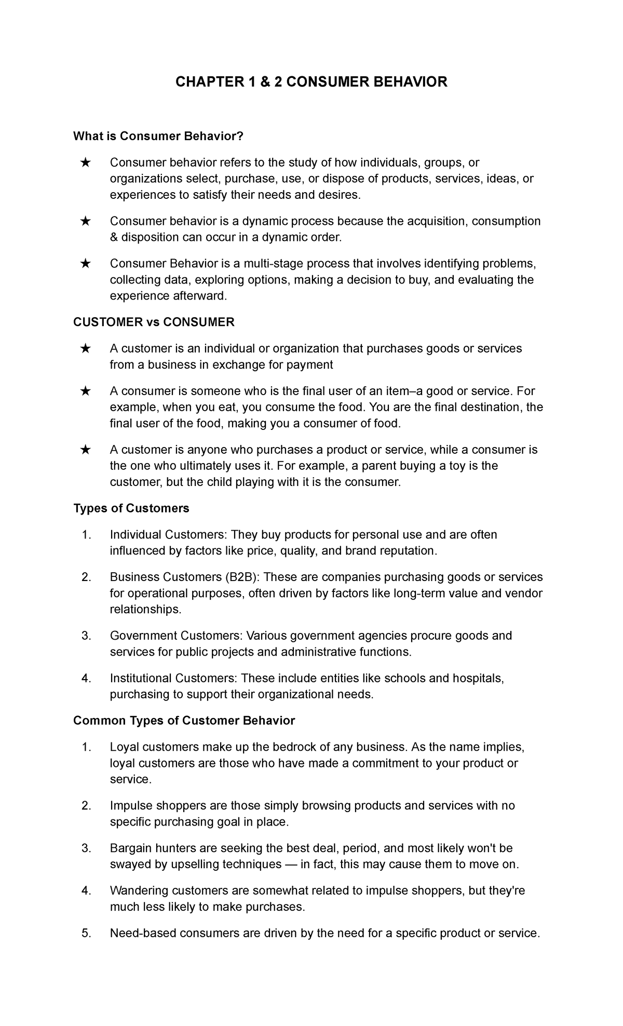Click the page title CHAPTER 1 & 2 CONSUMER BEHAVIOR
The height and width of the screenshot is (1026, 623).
pos(311,82)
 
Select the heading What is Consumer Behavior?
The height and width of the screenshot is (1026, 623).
pos(158,136)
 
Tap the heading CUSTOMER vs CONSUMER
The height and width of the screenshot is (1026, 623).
pos(154,322)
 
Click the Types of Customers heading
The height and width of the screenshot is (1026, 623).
pos(131,508)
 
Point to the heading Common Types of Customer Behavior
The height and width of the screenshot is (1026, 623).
pos(184,721)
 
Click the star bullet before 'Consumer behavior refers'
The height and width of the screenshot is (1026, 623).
pos(86,163)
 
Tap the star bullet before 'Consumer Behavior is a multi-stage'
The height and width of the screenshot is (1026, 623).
pos(86,264)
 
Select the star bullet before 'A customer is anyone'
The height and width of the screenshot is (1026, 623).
pos(86,450)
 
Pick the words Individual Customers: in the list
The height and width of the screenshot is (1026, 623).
pos(169,535)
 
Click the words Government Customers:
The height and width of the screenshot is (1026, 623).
pos(176,636)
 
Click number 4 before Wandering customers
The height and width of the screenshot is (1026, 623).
pos(86,891)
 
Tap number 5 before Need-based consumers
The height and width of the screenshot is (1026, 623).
pos(86,934)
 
